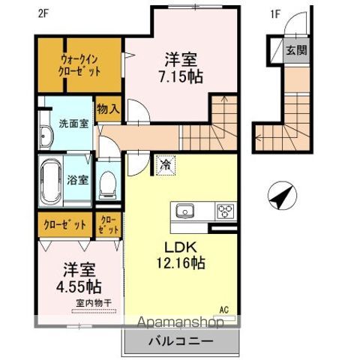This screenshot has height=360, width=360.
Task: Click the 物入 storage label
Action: click(x=109, y=109)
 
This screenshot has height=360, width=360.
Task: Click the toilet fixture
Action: click(x=109, y=183)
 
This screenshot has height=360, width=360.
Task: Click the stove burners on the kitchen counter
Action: click(x=225, y=210)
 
